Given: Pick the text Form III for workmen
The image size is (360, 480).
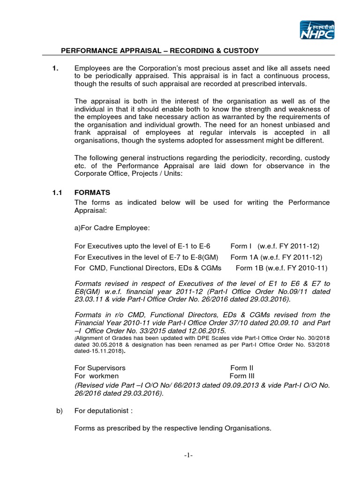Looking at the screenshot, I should point(241,376).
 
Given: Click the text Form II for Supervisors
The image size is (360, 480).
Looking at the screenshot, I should point(242,367).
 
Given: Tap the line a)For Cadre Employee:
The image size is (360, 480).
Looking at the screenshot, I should point(112,228).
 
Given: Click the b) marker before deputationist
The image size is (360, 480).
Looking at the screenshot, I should point(60,411).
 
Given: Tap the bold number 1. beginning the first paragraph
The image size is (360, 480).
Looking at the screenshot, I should point(55,69).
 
